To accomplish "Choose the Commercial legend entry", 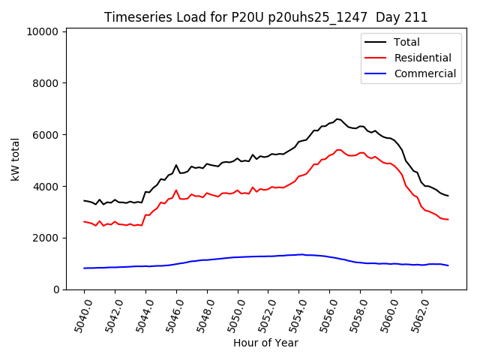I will click(424, 73).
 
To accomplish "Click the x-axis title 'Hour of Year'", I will click(265, 343).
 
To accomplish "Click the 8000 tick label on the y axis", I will click(45, 83).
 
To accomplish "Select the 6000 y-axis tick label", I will click(45, 135).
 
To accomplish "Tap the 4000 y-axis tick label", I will click(45, 187).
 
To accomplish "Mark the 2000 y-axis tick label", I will click(45, 238).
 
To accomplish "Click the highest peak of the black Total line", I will click(337, 118).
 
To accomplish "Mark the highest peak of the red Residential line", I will click(338, 149).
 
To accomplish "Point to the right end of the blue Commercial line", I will click(448, 265).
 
